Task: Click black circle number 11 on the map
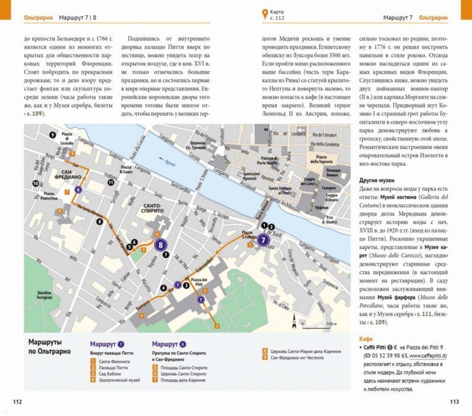[111, 183]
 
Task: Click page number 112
[17, 402]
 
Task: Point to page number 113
[454, 402]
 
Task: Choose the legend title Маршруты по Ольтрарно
[49, 347]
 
